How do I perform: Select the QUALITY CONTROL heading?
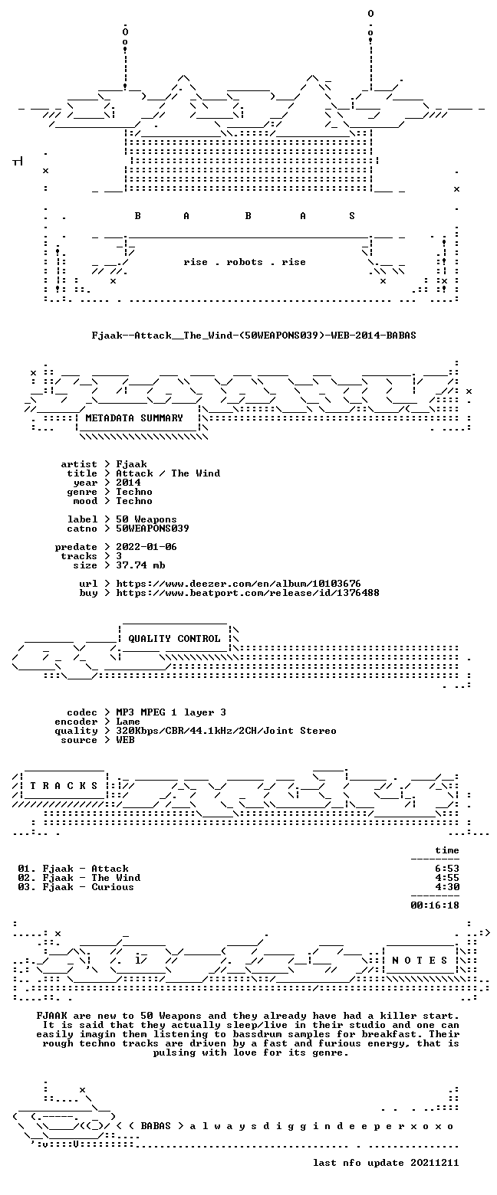(174, 639)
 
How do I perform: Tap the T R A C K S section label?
(64, 786)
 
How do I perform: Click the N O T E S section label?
(420, 961)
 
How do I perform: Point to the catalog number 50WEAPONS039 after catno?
(153, 529)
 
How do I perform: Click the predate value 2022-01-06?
(146, 547)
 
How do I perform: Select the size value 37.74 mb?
(140, 565)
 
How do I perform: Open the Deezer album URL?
(239, 584)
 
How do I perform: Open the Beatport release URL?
(248, 593)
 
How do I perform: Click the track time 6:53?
(447, 869)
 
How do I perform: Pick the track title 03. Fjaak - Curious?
(76, 887)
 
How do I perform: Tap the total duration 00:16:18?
(434, 905)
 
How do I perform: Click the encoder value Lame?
(128, 722)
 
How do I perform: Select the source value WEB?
(125, 740)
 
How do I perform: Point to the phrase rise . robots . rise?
(245, 262)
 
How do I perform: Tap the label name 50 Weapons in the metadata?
(146, 519)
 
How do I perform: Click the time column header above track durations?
(447, 850)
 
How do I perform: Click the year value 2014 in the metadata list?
(128, 483)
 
